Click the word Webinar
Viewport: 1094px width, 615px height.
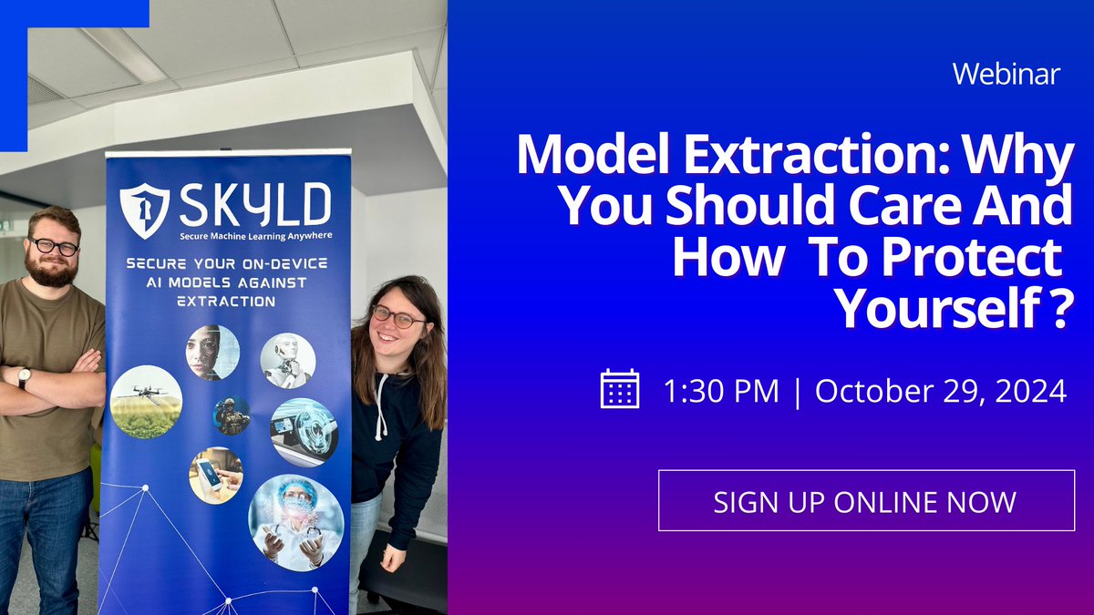click(x=1006, y=74)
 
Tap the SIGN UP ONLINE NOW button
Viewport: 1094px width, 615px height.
click(x=865, y=501)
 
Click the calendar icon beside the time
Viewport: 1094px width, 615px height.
click(x=620, y=389)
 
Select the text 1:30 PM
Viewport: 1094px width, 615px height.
click(x=721, y=391)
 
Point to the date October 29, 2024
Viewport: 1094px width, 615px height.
click(x=940, y=391)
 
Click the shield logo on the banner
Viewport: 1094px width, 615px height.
click(x=144, y=208)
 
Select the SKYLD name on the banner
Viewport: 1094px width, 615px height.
click(x=254, y=205)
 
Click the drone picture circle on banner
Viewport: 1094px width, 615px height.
click(x=146, y=401)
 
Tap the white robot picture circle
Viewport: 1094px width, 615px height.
click(x=287, y=360)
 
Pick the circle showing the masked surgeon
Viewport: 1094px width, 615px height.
click(x=295, y=520)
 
